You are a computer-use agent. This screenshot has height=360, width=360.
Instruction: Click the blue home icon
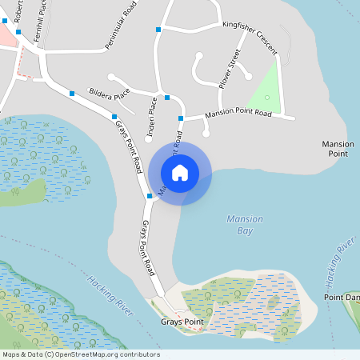pos(180,173)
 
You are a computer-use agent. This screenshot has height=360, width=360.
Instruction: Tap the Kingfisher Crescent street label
pos(250,37)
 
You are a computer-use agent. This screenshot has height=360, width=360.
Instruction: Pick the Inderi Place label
pos(150,116)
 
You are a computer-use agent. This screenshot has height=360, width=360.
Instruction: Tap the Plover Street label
pos(230,68)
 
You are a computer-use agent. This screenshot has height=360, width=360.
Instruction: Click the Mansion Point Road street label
pos(238,114)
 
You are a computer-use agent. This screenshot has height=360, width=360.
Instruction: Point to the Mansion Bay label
pos(245,224)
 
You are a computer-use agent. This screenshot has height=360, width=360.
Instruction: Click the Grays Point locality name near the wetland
pos(182,322)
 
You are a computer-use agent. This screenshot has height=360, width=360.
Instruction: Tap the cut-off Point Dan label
pos(342,298)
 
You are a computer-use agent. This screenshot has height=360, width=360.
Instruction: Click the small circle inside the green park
pos(267,97)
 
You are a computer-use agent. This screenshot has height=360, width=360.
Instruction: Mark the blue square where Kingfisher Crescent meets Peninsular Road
pos(159,29)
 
